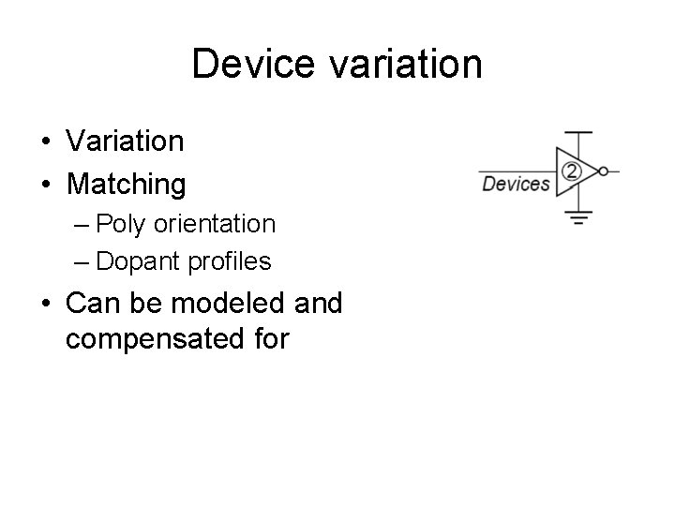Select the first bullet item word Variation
pyautogui.click(x=125, y=141)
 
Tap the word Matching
pyautogui.click(x=127, y=185)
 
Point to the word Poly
pyautogui.click(x=117, y=224)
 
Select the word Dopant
pyautogui.click(x=133, y=261)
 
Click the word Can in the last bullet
pyautogui.click(x=91, y=304)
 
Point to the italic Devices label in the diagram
pyautogui.click(x=516, y=184)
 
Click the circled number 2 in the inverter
pyautogui.click(x=571, y=171)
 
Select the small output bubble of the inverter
pyautogui.click(x=603, y=171)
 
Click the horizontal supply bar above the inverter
pyautogui.click(x=580, y=133)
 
